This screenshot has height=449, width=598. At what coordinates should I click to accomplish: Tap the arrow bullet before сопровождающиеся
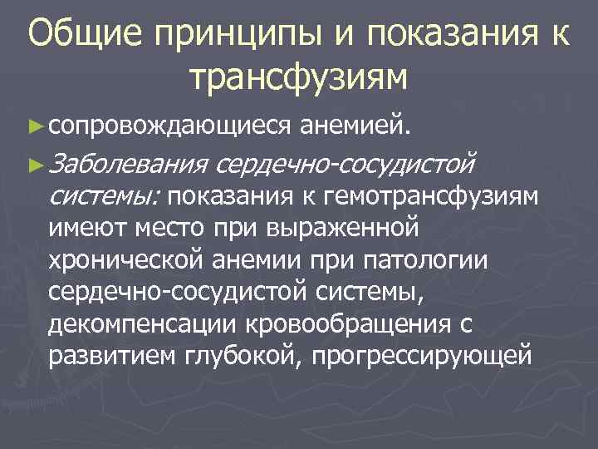34,125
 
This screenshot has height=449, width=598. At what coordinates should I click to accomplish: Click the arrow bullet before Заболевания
34,165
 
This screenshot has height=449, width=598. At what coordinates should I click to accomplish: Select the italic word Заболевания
128,165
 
